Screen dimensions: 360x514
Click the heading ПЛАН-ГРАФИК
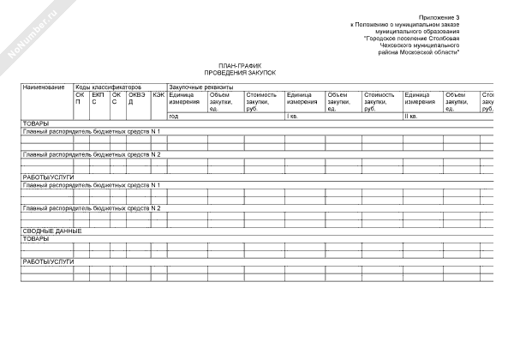(235, 66)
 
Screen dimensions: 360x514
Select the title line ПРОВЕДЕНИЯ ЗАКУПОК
(235, 73)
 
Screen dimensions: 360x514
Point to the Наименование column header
(44, 87)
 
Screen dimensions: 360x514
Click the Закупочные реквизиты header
(200, 87)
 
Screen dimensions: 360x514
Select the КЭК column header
(158, 94)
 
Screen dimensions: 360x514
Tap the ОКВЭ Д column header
(136, 98)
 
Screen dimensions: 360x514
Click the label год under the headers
(174, 116)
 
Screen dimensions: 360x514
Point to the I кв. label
(293, 116)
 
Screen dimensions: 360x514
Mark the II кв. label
(410, 116)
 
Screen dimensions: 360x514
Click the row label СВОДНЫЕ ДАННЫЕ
(52, 231)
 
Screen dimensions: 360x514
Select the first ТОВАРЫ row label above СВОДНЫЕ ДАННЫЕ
(36, 123)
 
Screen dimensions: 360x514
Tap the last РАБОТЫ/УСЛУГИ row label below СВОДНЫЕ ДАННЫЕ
(48, 261)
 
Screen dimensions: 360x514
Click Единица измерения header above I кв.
(302, 98)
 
